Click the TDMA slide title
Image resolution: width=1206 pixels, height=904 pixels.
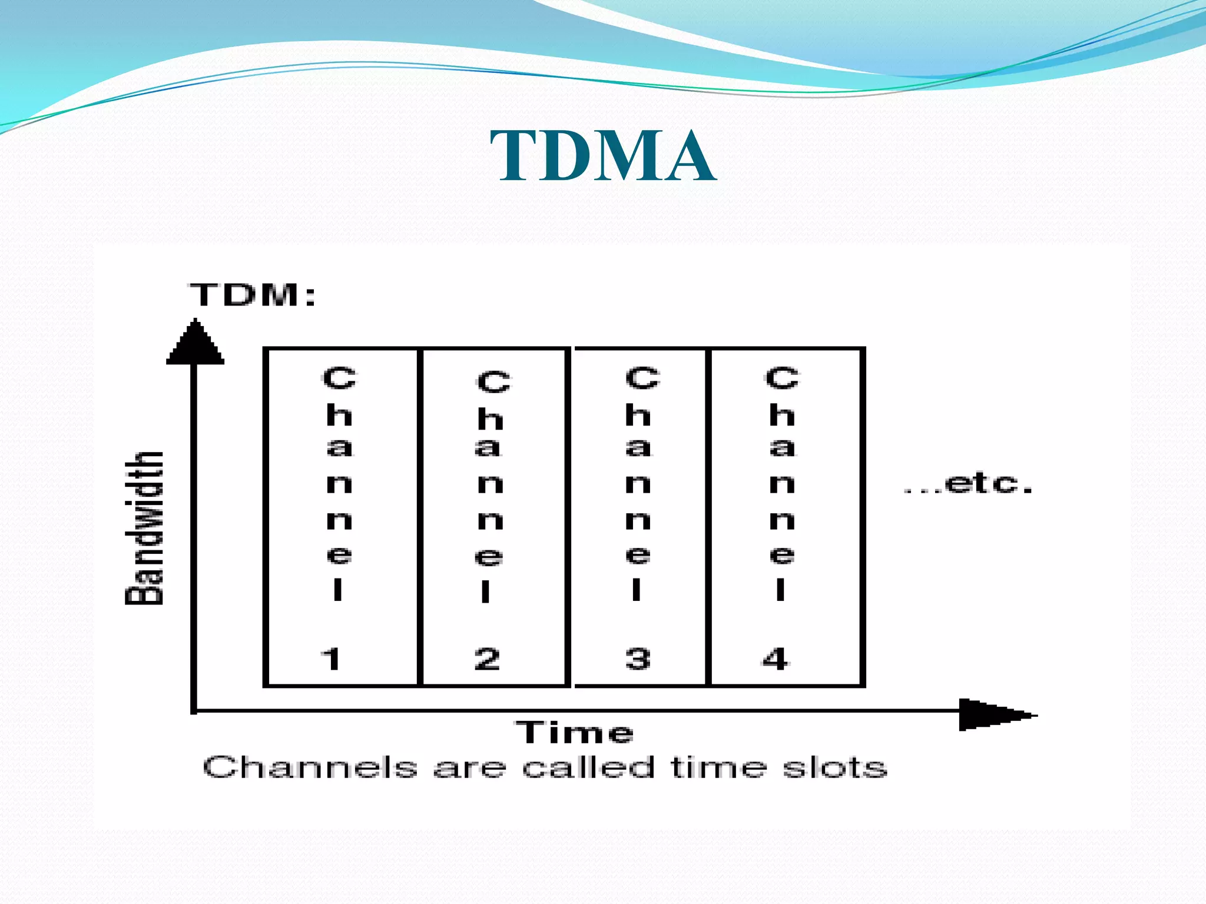603,156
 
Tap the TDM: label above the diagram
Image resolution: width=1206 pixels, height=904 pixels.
252,294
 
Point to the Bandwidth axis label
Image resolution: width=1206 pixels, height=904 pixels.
144,528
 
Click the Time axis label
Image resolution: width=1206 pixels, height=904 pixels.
575,733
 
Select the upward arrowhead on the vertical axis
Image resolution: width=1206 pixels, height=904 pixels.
196,343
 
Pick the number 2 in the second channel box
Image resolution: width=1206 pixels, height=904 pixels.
488,659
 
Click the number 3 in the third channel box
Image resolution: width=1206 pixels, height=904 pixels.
638,659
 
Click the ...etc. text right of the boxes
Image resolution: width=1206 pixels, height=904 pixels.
969,484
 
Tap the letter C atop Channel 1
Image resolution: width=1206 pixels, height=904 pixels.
339,378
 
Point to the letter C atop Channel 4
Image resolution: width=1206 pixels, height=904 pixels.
782,378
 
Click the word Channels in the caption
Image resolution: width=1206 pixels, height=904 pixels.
310,767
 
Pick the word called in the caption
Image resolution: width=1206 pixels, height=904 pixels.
588,767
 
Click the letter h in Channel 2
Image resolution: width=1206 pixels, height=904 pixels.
490,419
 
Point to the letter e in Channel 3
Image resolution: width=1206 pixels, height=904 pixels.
638,554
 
